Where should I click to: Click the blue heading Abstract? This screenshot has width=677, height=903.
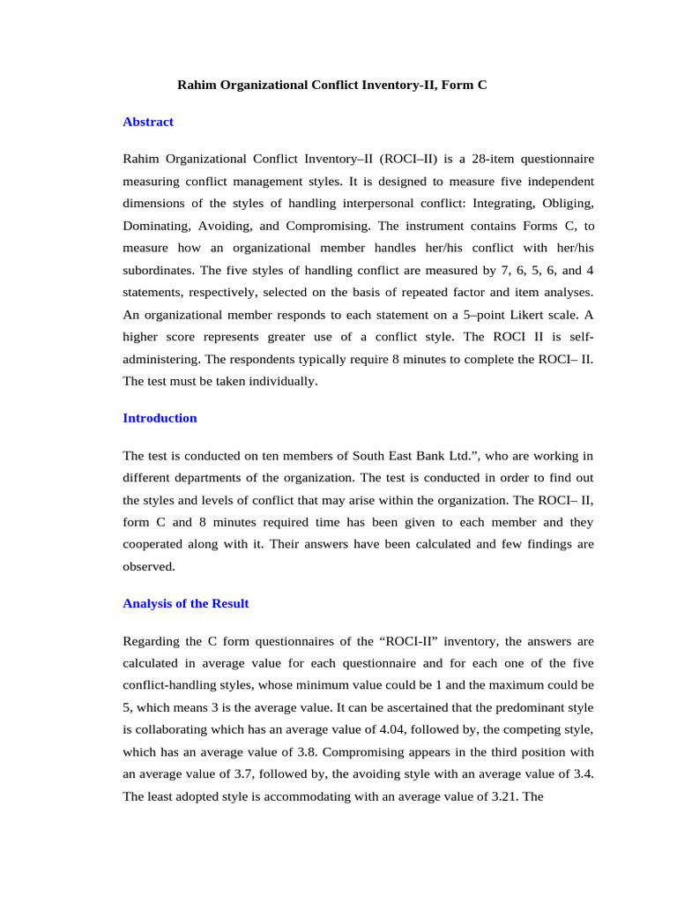pyautogui.click(x=148, y=122)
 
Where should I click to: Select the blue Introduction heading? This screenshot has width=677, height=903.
pyautogui.click(x=160, y=418)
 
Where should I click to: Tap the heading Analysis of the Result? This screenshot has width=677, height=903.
pyautogui.click(x=186, y=603)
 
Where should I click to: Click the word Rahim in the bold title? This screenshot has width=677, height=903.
pyautogui.click(x=197, y=86)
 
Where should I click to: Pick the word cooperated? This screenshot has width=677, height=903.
pyautogui.click(x=159, y=544)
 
